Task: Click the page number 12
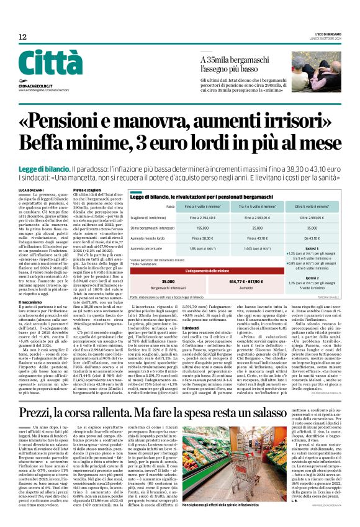(22, 37)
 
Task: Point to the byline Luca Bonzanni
(31, 188)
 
